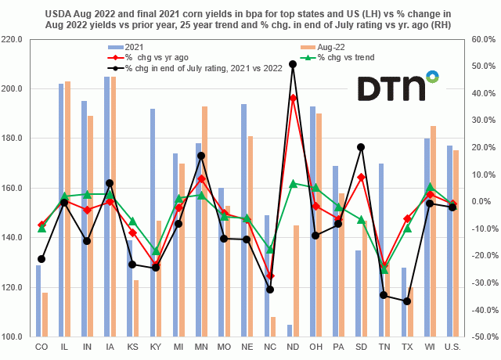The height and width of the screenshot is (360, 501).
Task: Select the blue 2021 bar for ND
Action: (x=289, y=331)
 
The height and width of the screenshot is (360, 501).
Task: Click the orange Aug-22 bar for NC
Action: (x=272, y=327)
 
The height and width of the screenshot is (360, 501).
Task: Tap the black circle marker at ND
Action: (x=293, y=64)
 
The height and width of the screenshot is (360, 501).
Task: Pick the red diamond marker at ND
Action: (x=293, y=98)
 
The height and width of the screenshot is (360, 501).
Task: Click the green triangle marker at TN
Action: (x=384, y=270)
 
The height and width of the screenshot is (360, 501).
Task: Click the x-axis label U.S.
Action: (x=452, y=345)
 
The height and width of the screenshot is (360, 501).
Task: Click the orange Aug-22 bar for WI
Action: (x=433, y=232)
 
